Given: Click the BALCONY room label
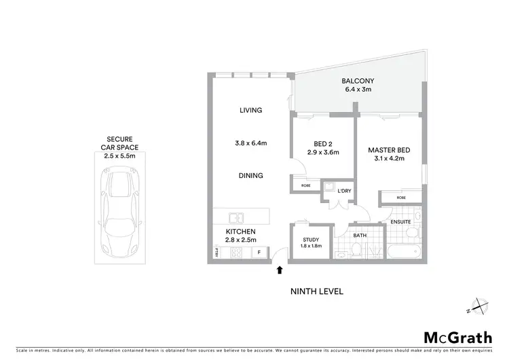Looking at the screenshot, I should pyautogui.click(x=358, y=79).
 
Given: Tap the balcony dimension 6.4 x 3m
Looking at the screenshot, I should pyautogui.click(x=358, y=89).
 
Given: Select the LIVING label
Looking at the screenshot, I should pyautogui.click(x=250, y=110).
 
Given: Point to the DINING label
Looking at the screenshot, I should pyautogui.click(x=250, y=175).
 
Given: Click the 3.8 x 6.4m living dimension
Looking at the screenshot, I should pyautogui.click(x=250, y=143).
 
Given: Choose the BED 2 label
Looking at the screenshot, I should pyautogui.click(x=322, y=144).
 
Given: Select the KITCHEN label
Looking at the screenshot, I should pyautogui.click(x=240, y=231).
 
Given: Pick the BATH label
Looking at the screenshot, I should pyautogui.click(x=359, y=235).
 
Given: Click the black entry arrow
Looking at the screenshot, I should pyautogui.click(x=280, y=271).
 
